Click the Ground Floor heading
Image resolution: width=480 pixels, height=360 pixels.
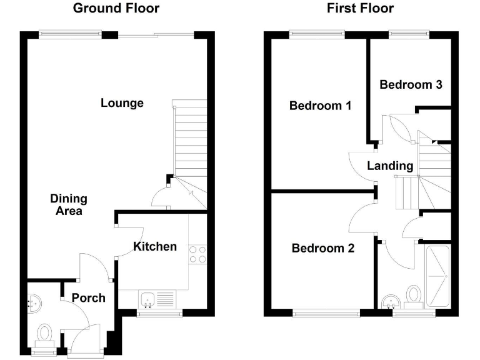click(x=116, y=8)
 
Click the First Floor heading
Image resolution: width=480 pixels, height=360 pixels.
click(x=360, y=8)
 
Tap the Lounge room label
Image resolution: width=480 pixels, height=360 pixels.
click(x=122, y=103)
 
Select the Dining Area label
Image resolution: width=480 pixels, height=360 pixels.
click(x=69, y=205)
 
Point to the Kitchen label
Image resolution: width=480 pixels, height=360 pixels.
click(x=155, y=246)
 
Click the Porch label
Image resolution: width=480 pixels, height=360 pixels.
click(x=88, y=297)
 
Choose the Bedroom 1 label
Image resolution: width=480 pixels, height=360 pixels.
click(x=320, y=106)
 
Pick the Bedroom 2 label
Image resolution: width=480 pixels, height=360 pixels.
click(x=323, y=248)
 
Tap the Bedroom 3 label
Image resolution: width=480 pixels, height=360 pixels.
click(x=411, y=84)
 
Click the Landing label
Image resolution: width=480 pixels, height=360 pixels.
click(x=390, y=166)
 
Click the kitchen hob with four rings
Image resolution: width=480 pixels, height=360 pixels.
click(x=198, y=254)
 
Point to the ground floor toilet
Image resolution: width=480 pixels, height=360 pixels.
click(x=45, y=332)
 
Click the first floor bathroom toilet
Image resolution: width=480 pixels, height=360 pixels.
click(x=414, y=294)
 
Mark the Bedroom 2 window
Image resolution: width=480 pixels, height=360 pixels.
click(x=326, y=312)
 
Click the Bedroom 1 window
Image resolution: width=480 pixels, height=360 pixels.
click(x=312, y=33)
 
